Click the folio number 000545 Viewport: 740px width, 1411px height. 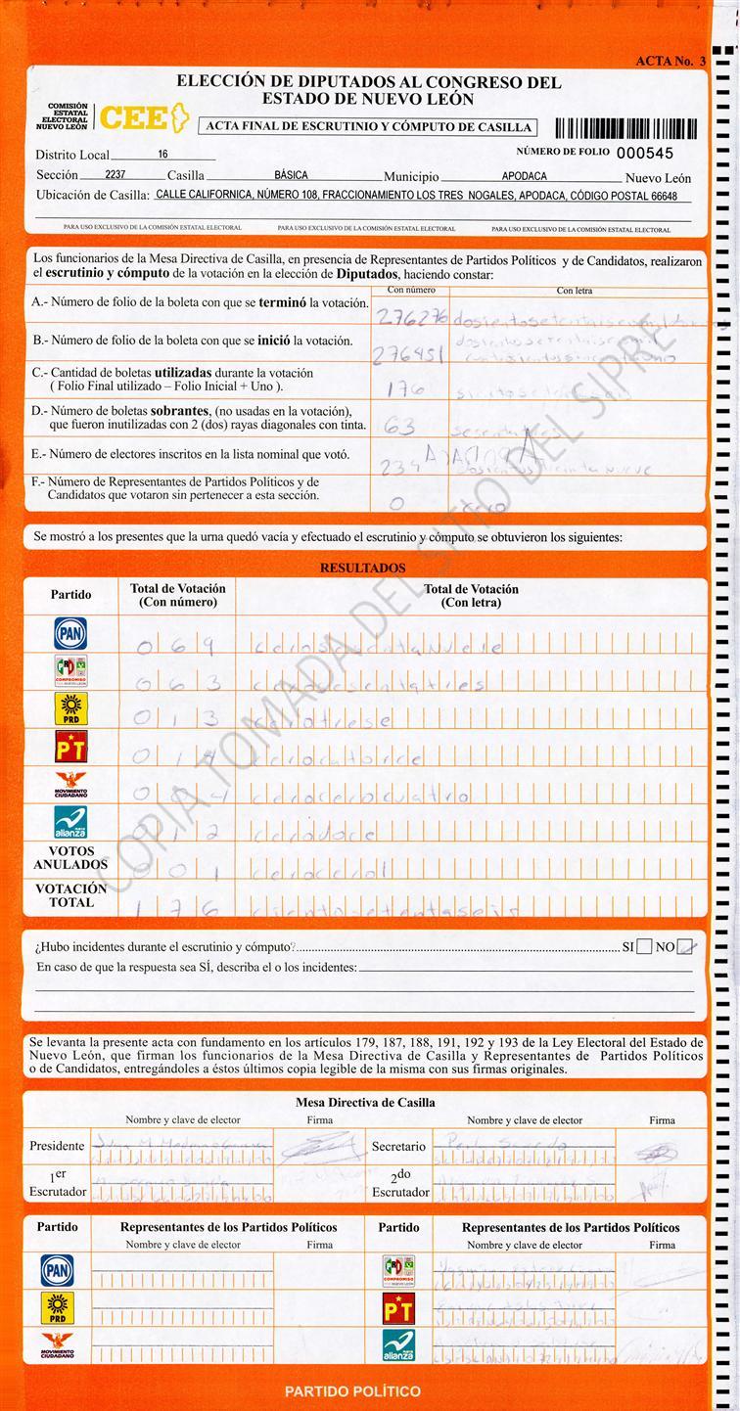[x=645, y=154]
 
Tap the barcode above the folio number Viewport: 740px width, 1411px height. [x=625, y=127]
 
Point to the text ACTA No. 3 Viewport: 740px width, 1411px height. [x=671, y=61]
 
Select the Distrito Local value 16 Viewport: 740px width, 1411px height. [x=162, y=155]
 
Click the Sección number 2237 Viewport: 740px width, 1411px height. [x=116, y=176]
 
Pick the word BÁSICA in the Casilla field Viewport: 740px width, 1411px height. [x=291, y=176]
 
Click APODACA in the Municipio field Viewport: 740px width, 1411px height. [x=525, y=177]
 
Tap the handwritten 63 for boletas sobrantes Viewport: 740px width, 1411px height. [x=400, y=427]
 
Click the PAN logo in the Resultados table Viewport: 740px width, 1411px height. [x=70, y=633]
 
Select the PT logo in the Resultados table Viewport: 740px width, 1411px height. [x=70, y=747]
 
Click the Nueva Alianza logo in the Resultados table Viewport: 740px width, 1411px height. [x=70, y=822]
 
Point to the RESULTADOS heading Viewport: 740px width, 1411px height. [x=362, y=568]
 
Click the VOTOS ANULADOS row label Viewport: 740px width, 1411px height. [x=70, y=858]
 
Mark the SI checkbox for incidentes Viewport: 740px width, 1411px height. [x=644, y=946]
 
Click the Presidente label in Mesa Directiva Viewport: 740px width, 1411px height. [x=57, y=1146]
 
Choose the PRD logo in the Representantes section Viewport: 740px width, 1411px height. [x=57, y=1307]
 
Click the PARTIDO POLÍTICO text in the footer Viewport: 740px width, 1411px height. [x=352, y=1390]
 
